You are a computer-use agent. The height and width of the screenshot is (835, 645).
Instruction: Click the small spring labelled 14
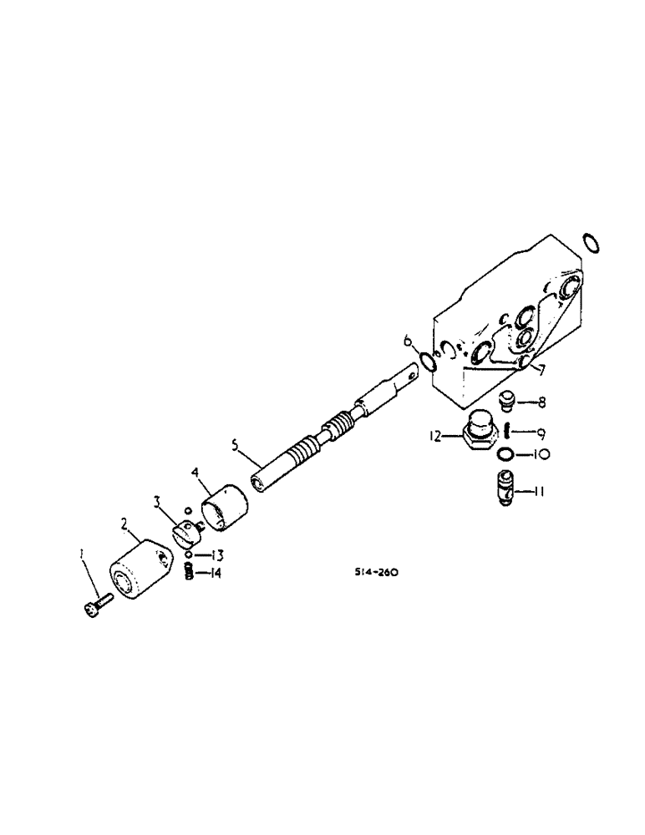189,573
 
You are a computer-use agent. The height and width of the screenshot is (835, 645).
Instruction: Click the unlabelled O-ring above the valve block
591,243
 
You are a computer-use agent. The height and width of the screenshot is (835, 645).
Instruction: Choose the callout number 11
541,493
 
